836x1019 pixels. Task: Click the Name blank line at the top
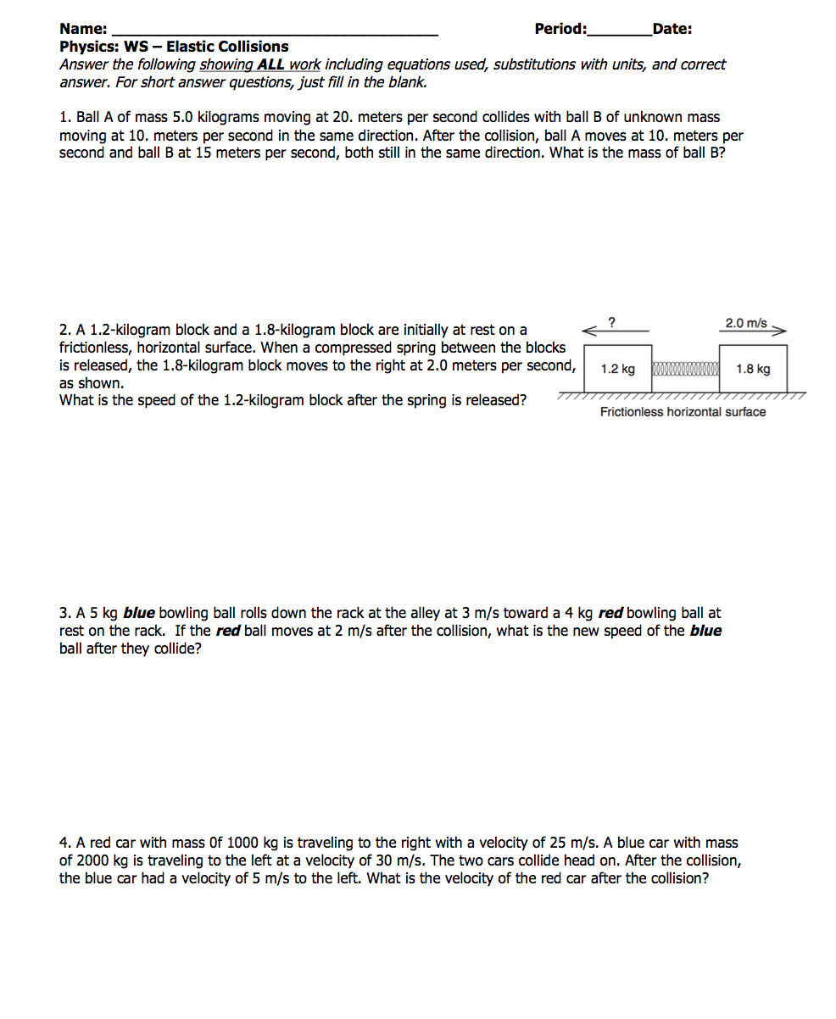coord(276,32)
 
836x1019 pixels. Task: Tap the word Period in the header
coord(559,29)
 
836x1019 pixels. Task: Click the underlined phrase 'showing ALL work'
coord(259,64)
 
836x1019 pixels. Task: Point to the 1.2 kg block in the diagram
coord(618,369)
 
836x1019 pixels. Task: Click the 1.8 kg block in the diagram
coord(753,369)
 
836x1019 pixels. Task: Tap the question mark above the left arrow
coord(612,320)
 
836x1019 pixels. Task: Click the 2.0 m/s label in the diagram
coord(746,323)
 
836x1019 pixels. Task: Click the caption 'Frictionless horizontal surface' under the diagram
coord(683,412)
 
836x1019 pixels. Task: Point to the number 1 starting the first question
coord(64,118)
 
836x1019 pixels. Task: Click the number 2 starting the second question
coord(64,330)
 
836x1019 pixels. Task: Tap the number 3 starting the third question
coord(64,613)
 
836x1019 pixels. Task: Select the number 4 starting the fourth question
coord(64,843)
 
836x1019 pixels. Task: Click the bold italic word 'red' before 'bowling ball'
coord(610,613)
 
